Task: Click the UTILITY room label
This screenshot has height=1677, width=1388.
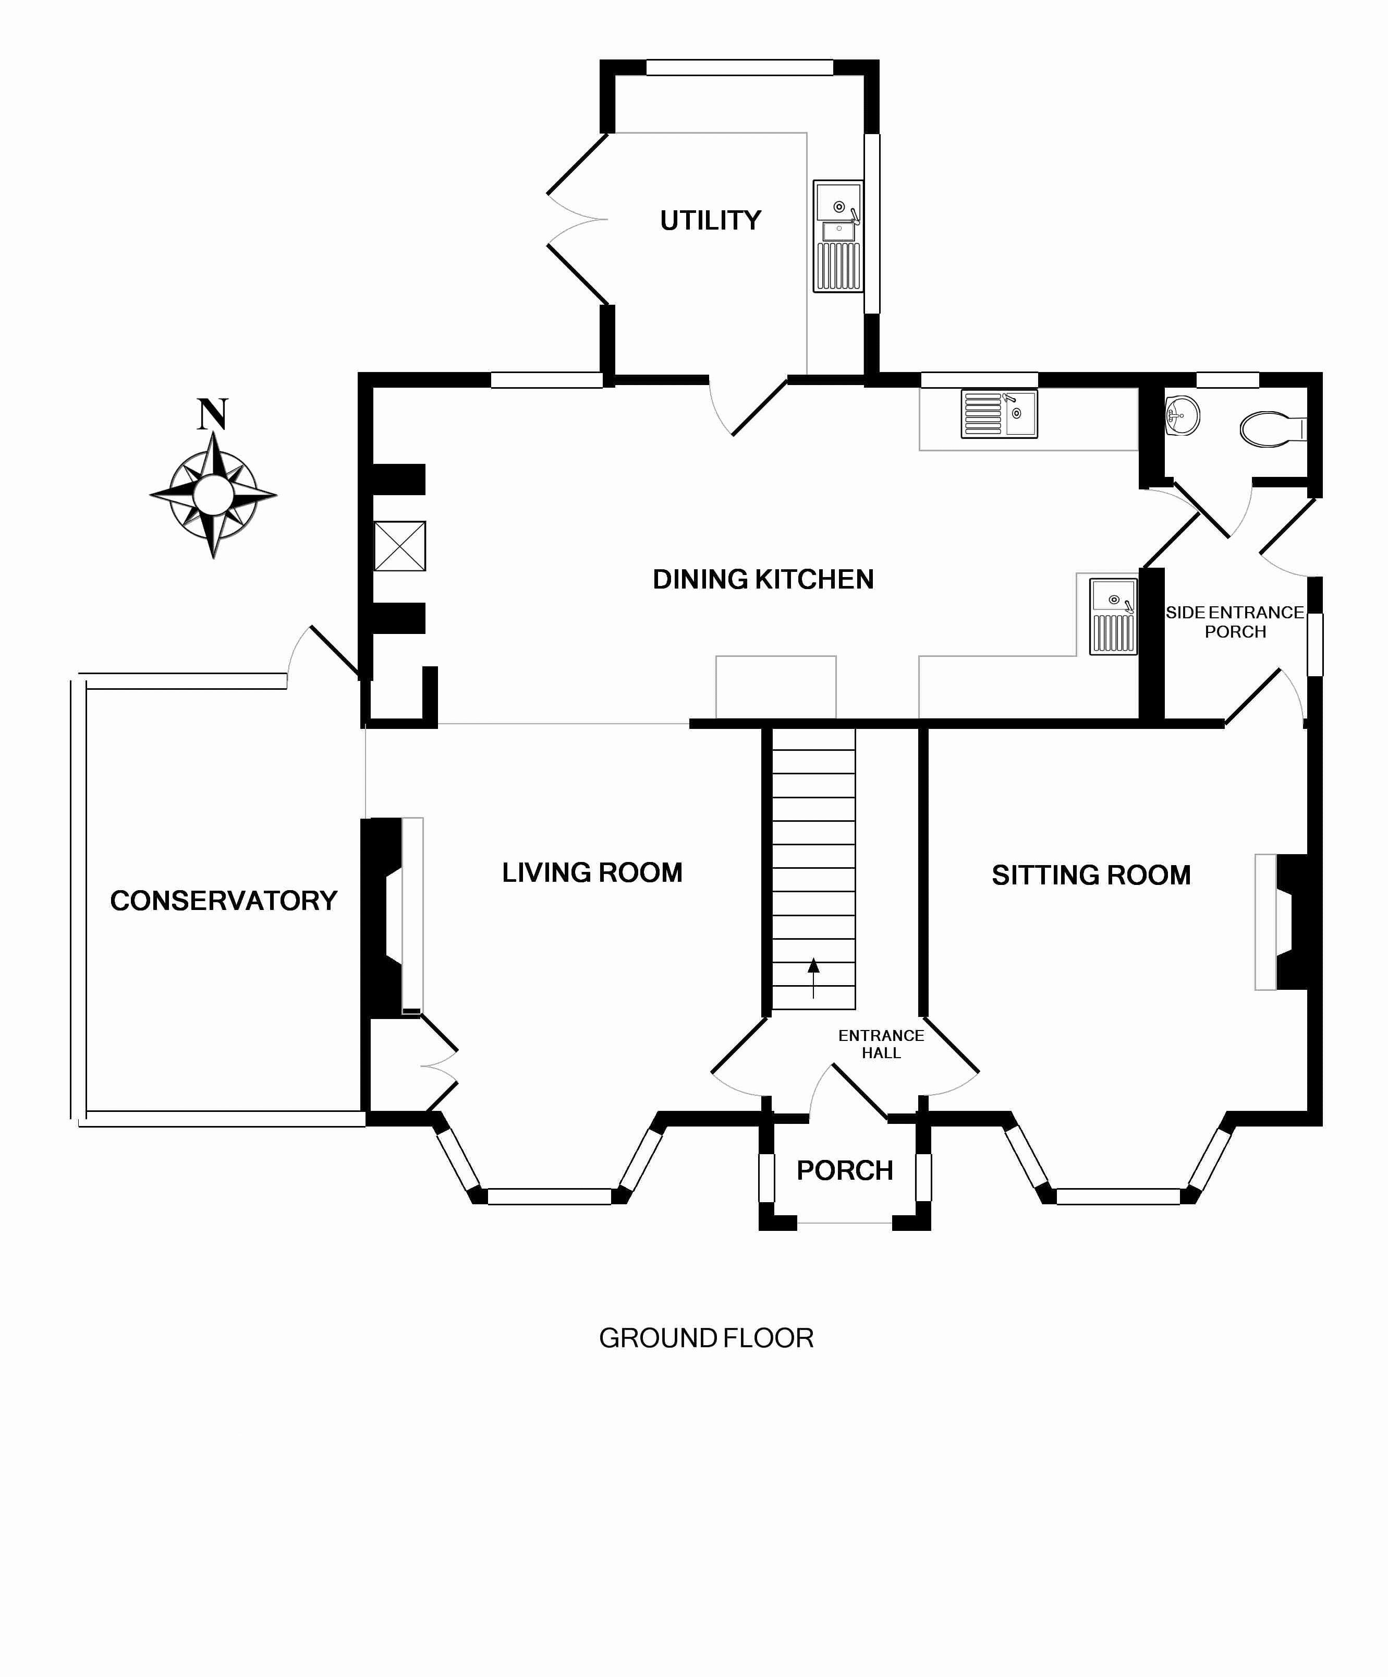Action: click(x=710, y=220)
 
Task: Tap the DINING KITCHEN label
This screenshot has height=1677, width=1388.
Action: click(x=763, y=580)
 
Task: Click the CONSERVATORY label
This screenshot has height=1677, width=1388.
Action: click(x=224, y=901)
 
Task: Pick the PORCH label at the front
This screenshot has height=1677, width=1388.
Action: click(x=845, y=1171)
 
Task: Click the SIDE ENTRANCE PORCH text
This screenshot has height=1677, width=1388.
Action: click(x=1234, y=622)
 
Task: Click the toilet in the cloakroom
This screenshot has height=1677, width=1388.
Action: click(x=1271, y=429)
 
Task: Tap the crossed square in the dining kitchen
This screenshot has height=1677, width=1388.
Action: click(x=400, y=546)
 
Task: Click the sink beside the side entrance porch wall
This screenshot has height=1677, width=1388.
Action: click(x=1113, y=617)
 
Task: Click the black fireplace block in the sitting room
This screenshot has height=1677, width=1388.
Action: click(x=1293, y=923)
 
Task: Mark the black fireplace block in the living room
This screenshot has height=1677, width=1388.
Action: click(x=382, y=918)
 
